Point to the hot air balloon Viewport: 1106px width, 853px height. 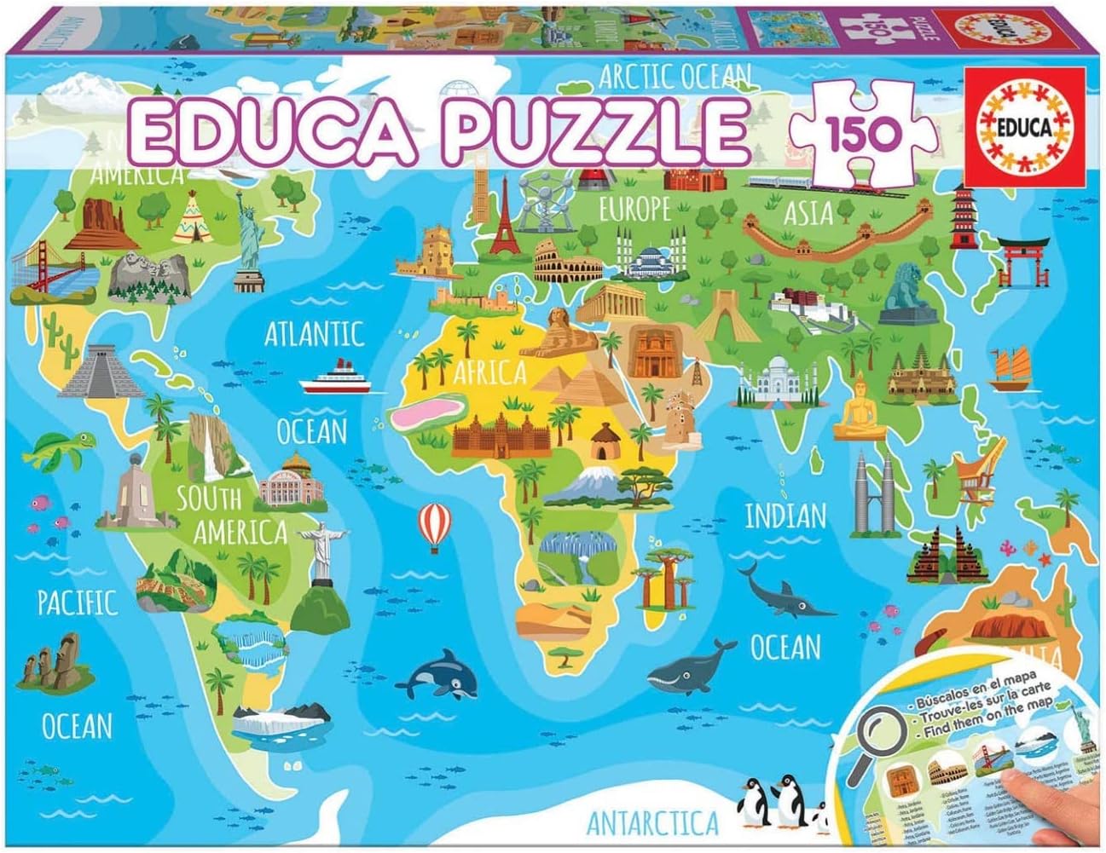(434, 523)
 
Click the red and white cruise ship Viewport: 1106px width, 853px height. (336, 378)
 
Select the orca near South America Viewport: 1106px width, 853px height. (443, 672)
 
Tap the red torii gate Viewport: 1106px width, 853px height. (1022, 255)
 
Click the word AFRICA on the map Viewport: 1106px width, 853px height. (489, 372)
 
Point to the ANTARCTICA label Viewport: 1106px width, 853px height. (652, 823)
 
